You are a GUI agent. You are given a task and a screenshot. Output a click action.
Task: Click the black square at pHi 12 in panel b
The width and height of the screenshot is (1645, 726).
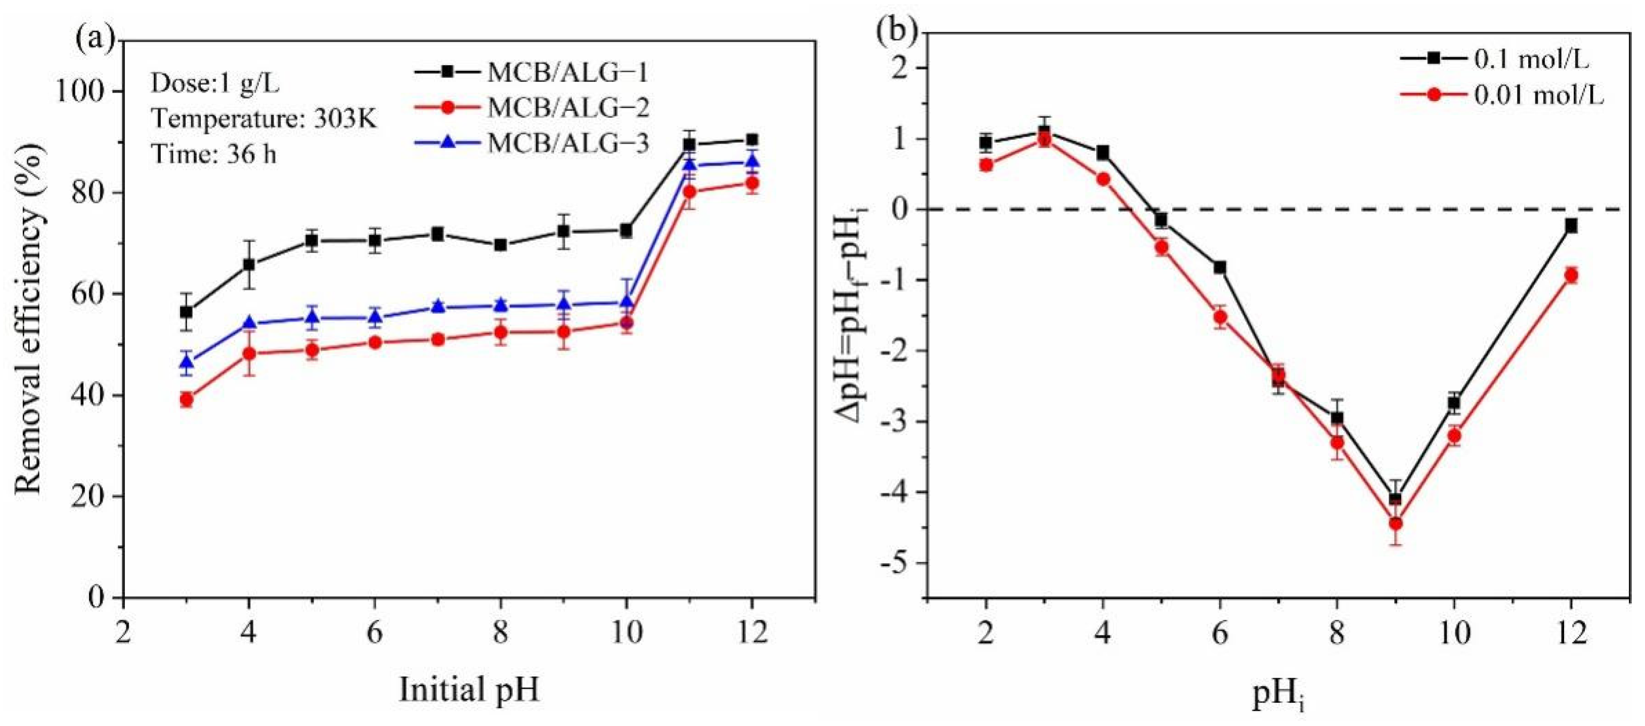click(1571, 226)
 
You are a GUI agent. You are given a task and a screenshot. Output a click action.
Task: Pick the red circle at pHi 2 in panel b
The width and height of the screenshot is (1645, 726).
click(986, 165)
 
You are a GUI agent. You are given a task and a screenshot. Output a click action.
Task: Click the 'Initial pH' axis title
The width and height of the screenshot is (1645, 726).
click(469, 690)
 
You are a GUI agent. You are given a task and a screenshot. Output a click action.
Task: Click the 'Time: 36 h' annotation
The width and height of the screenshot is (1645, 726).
click(214, 154)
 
